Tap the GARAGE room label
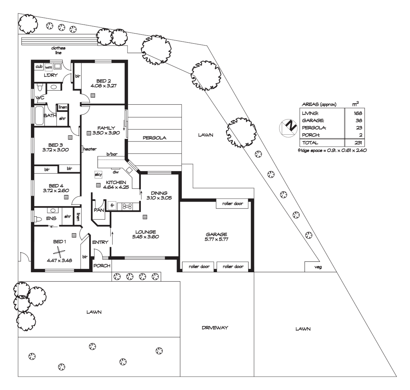pos(216,234)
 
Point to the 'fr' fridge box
pos(112,206)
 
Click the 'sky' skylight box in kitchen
pos(98,174)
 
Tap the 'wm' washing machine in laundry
pos(48,67)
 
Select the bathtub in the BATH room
pos(39,116)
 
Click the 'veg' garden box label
pos(318,267)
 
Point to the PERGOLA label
pos(154,138)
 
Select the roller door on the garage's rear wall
pos(232,204)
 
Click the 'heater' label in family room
pos(90,149)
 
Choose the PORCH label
pos(102,265)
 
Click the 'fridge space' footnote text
pos(332,151)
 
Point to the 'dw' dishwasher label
pos(116,172)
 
